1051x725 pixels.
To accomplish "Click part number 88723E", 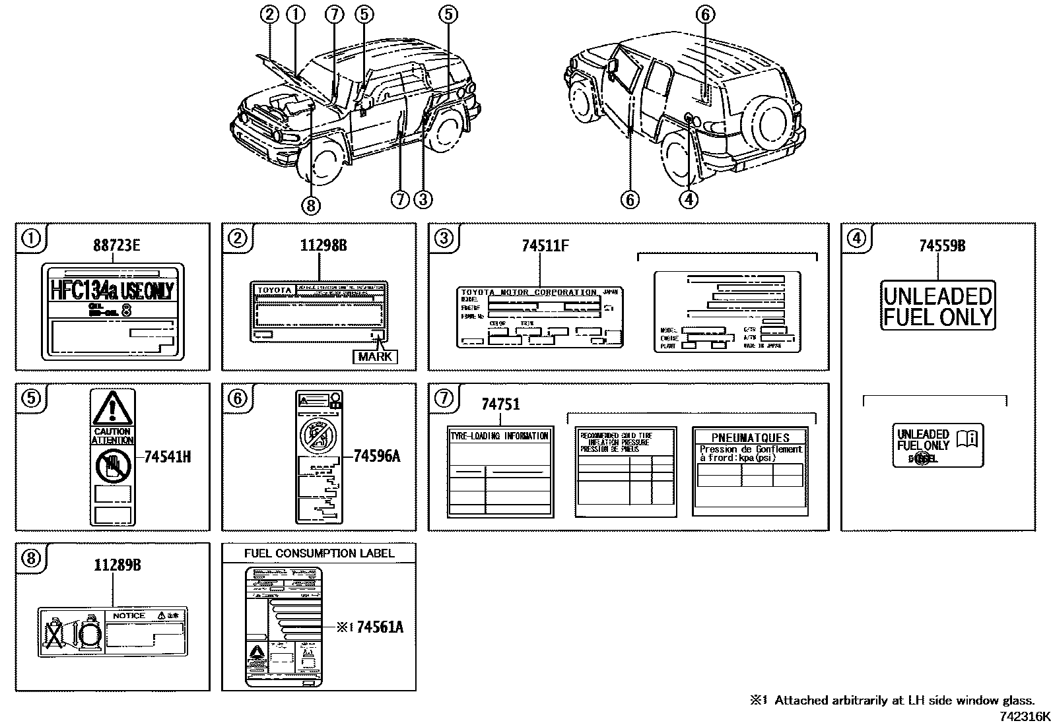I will coord(116,246).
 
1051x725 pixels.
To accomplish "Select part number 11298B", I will coord(323,246).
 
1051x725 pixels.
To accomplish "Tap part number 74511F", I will coord(545,246).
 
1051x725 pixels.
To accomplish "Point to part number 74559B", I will coord(942,246).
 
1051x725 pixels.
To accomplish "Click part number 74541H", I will coord(167,456).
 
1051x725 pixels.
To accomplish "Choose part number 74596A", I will coord(376,456).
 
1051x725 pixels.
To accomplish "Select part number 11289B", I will coord(117,565).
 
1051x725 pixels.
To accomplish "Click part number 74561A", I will coord(380,627).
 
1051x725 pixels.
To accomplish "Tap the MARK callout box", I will coord(375,357).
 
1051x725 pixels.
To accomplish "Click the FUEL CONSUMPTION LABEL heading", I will coord(319,553).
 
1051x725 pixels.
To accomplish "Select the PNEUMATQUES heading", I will coord(750,437).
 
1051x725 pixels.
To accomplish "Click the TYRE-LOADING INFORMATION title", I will coord(499,436).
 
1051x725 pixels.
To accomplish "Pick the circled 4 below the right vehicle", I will coord(688,199).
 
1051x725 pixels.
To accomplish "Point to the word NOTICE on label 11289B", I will coord(129,615).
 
